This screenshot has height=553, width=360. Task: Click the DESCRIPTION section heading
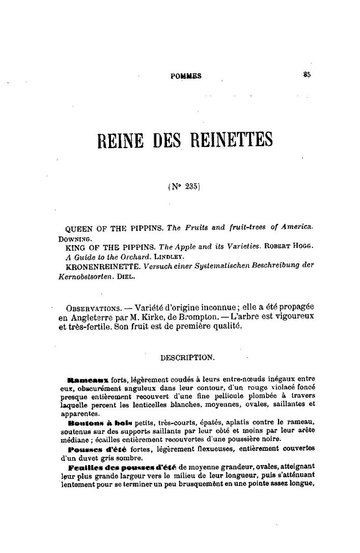(187, 357)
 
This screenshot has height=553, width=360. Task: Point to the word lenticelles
(151, 405)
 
